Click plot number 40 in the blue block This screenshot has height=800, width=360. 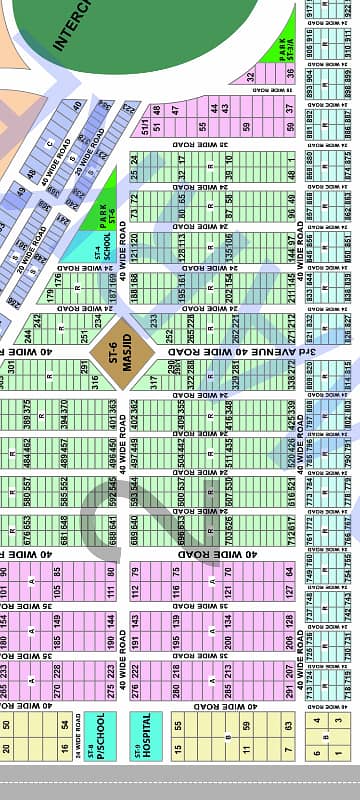(76, 106)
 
